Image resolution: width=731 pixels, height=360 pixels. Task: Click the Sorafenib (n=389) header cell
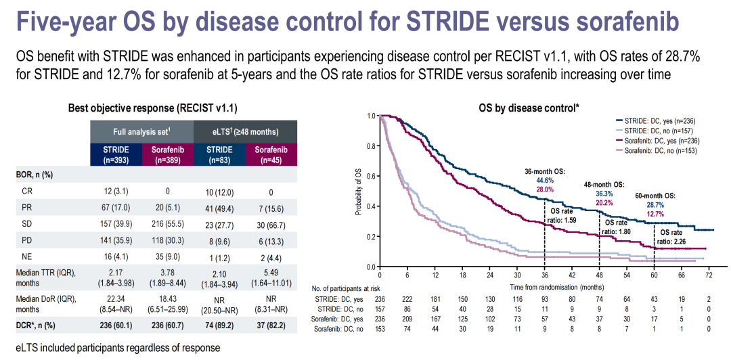[x=168, y=154]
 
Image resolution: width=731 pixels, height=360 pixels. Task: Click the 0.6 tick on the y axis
[x=370, y=176]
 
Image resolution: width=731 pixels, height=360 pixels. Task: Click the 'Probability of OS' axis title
[x=359, y=192]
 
